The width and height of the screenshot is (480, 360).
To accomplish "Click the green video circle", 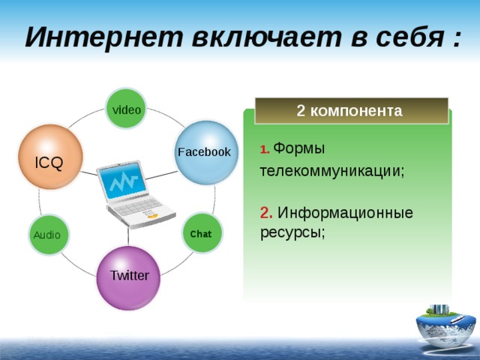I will pyautogui.click(x=126, y=109).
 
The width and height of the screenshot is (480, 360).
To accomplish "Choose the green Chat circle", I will pyautogui.click(x=202, y=233).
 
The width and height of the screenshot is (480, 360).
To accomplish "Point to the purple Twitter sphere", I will pyautogui.click(x=129, y=277).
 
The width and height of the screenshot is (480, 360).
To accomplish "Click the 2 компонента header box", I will pyautogui.click(x=351, y=111).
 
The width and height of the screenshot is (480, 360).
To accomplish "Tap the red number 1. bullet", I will pyautogui.click(x=265, y=150).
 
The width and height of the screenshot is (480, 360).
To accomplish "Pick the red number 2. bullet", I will pyautogui.click(x=266, y=213).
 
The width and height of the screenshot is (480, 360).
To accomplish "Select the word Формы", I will pyautogui.click(x=299, y=148).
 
